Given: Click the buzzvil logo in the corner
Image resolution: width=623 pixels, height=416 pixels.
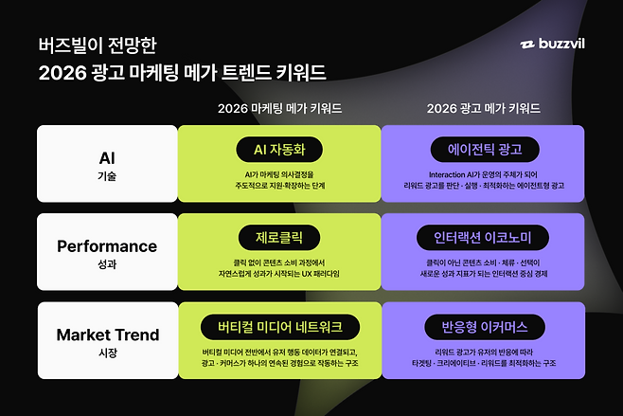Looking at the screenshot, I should coord(559,45).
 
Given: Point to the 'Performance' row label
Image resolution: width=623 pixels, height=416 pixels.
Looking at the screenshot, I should coord(107,246).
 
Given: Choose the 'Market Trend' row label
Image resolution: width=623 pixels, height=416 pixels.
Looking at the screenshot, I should coord(107,335).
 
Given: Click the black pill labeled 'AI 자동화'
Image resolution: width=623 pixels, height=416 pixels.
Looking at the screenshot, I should coord(279,149).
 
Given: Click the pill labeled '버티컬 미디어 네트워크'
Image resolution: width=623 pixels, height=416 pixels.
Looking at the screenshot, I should coord(279,326).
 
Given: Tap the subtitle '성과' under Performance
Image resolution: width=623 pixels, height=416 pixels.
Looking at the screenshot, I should coord(107,266).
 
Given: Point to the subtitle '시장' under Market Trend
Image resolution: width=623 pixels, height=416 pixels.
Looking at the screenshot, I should coord(107,354).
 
